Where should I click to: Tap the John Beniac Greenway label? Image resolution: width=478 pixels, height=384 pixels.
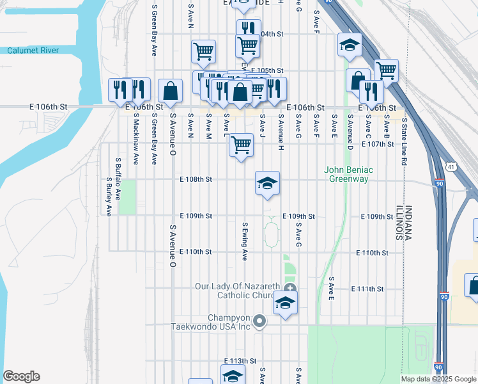coord(348,174)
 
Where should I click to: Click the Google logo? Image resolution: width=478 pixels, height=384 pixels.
coord(21,376)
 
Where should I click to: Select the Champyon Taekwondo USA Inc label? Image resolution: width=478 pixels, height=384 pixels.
coord(210,322)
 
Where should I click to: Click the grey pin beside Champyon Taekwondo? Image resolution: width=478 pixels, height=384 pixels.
coord(259,321)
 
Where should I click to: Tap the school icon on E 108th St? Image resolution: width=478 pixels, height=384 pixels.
coord(267,184)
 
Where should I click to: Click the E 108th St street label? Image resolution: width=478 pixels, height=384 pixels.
coord(196,180)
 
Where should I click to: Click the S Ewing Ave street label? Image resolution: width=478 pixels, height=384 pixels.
coord(244,241)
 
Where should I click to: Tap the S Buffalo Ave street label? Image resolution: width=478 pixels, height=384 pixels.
coord(118,177)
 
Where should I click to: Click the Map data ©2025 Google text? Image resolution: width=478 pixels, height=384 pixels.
coord(438,379)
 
